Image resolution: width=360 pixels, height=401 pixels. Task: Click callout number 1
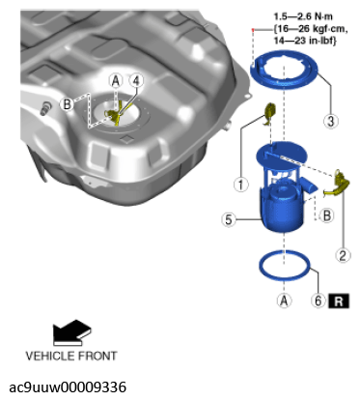tap(240, 185)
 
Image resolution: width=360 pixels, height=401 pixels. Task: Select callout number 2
tap(343, 255)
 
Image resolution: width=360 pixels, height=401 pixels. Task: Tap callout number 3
tap(331, 121)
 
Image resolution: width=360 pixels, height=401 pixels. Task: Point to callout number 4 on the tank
tap(136, 80)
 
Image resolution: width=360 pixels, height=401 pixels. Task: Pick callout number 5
tap(229, 219)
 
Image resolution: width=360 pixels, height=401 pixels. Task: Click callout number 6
tap(318, 301)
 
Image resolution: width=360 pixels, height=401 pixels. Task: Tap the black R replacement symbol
tap(339, 301)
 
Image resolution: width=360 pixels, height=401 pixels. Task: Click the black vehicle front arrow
tap(72, 332)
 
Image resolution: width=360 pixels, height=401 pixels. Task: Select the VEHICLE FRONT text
tap(71, 356)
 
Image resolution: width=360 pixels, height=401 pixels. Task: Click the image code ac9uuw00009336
tap(68, 387)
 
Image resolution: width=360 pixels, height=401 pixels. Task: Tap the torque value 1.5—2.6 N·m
tap(303, 16)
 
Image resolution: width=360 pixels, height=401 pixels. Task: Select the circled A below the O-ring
tap(284, 301)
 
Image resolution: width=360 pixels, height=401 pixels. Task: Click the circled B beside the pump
tap(327, 215)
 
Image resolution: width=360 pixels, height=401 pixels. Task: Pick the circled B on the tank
tap(67, 104)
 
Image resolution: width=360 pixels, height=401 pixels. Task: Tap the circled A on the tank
tap(116, 80)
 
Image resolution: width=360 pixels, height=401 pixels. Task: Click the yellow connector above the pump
tap(269, 112)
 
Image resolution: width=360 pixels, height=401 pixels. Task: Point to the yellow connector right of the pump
tap(338, 185)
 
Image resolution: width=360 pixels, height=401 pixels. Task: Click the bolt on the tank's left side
tap(45, 107)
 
